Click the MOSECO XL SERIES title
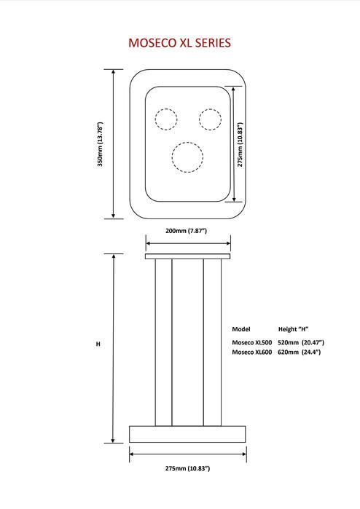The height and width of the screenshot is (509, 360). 180,43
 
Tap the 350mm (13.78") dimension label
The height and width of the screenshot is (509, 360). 100,144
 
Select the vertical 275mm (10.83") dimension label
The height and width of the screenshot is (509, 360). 240,144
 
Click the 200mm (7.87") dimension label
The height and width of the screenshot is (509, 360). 186,231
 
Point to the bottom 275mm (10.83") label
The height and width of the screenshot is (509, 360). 187,468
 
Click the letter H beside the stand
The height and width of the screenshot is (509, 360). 98,344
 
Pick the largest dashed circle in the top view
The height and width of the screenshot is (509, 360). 187,157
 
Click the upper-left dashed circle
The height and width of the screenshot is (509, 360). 166,119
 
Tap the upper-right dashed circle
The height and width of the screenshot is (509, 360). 210,119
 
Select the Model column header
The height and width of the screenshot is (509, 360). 241,329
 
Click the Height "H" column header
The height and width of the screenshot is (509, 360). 293,329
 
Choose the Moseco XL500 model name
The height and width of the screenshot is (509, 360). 252,342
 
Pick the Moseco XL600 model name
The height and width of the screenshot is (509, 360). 252,352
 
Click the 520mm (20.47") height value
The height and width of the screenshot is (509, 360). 301,342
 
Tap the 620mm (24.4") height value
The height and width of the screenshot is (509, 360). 300,352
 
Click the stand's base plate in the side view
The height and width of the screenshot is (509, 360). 187,434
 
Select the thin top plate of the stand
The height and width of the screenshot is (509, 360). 187,256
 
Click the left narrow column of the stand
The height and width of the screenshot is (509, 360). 163,342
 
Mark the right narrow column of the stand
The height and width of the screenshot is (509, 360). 212,342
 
